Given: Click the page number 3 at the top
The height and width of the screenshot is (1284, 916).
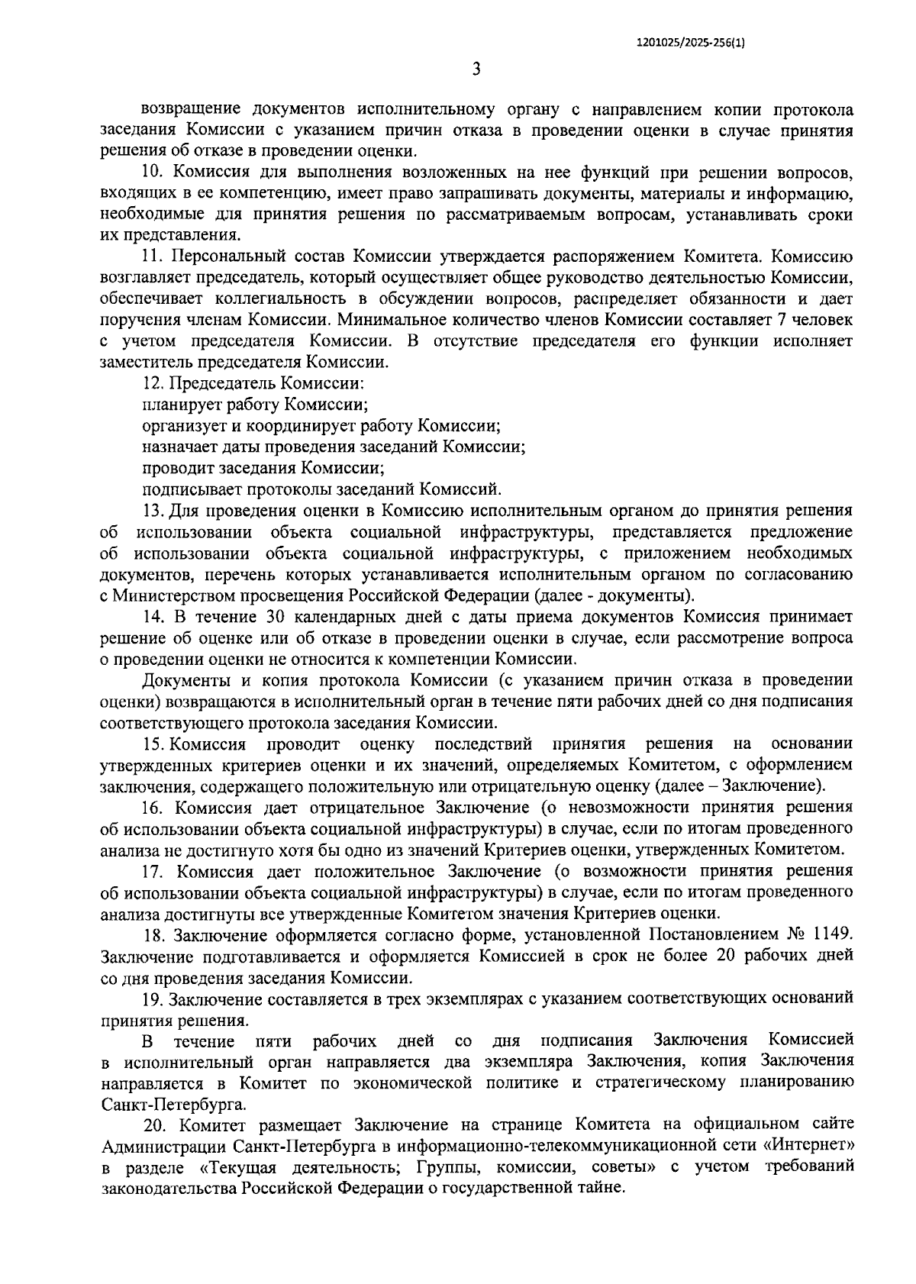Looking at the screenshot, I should (x=476, y=69).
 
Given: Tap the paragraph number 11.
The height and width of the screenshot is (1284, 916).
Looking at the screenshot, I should (x=154, y=256).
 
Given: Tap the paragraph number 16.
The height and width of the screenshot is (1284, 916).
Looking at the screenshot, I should (x=154, y=808).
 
